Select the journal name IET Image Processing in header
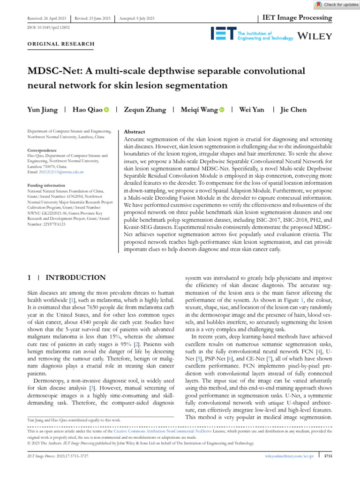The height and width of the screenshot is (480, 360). point(296,18)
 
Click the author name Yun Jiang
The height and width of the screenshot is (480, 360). point(43,110)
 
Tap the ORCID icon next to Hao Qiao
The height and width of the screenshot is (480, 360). point(106,110)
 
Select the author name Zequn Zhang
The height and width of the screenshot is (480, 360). point(144,110)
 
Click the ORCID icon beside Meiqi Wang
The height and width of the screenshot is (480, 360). point(221,110)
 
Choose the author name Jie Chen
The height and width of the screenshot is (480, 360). point(293,110)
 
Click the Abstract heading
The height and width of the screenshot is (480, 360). point(134,132)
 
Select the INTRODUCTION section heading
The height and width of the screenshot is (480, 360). point(75,277)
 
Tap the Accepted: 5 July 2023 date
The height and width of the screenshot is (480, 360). point(137,18)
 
